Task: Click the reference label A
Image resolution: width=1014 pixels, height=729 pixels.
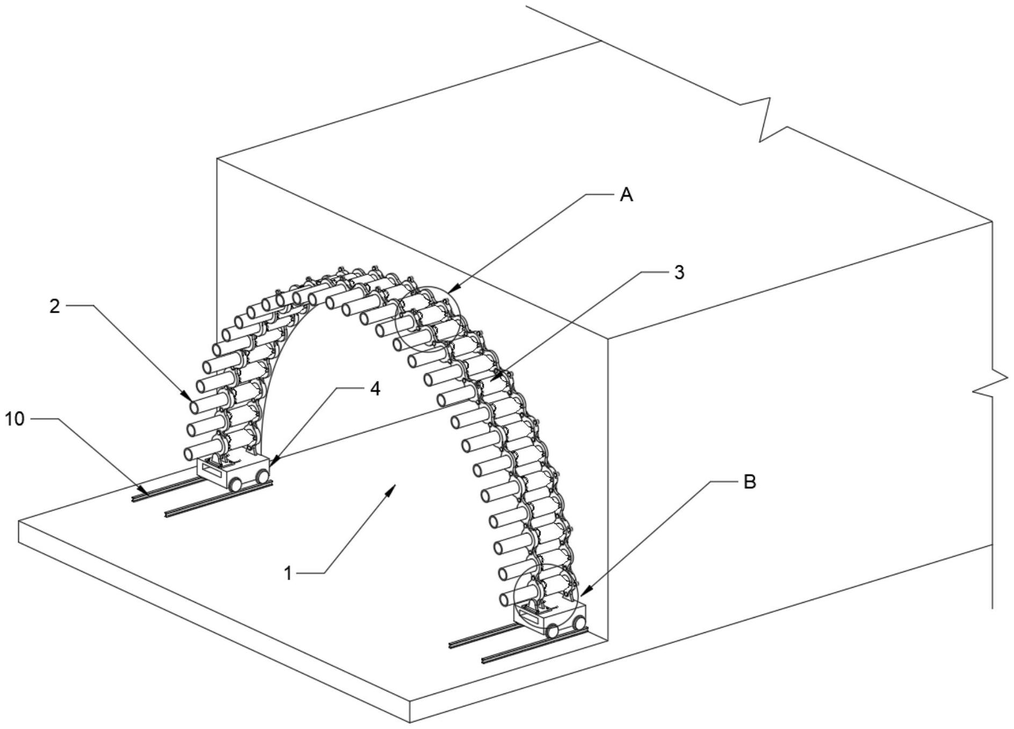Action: point(626,195)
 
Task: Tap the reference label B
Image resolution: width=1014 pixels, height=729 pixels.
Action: point(749,482)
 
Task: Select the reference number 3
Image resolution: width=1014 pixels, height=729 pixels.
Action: point(679,273)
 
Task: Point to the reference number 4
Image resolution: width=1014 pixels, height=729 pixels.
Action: point(375,388)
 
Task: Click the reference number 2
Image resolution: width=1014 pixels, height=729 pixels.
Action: point(54,306)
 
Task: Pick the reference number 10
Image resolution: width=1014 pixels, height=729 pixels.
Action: point(15,419)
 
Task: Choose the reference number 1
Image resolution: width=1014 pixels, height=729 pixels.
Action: point(288,573)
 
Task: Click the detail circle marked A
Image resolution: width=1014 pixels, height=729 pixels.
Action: point(428,319)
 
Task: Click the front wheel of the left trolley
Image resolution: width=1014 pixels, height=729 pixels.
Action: point(236,485)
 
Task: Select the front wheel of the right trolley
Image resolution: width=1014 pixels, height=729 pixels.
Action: point(552,632)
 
